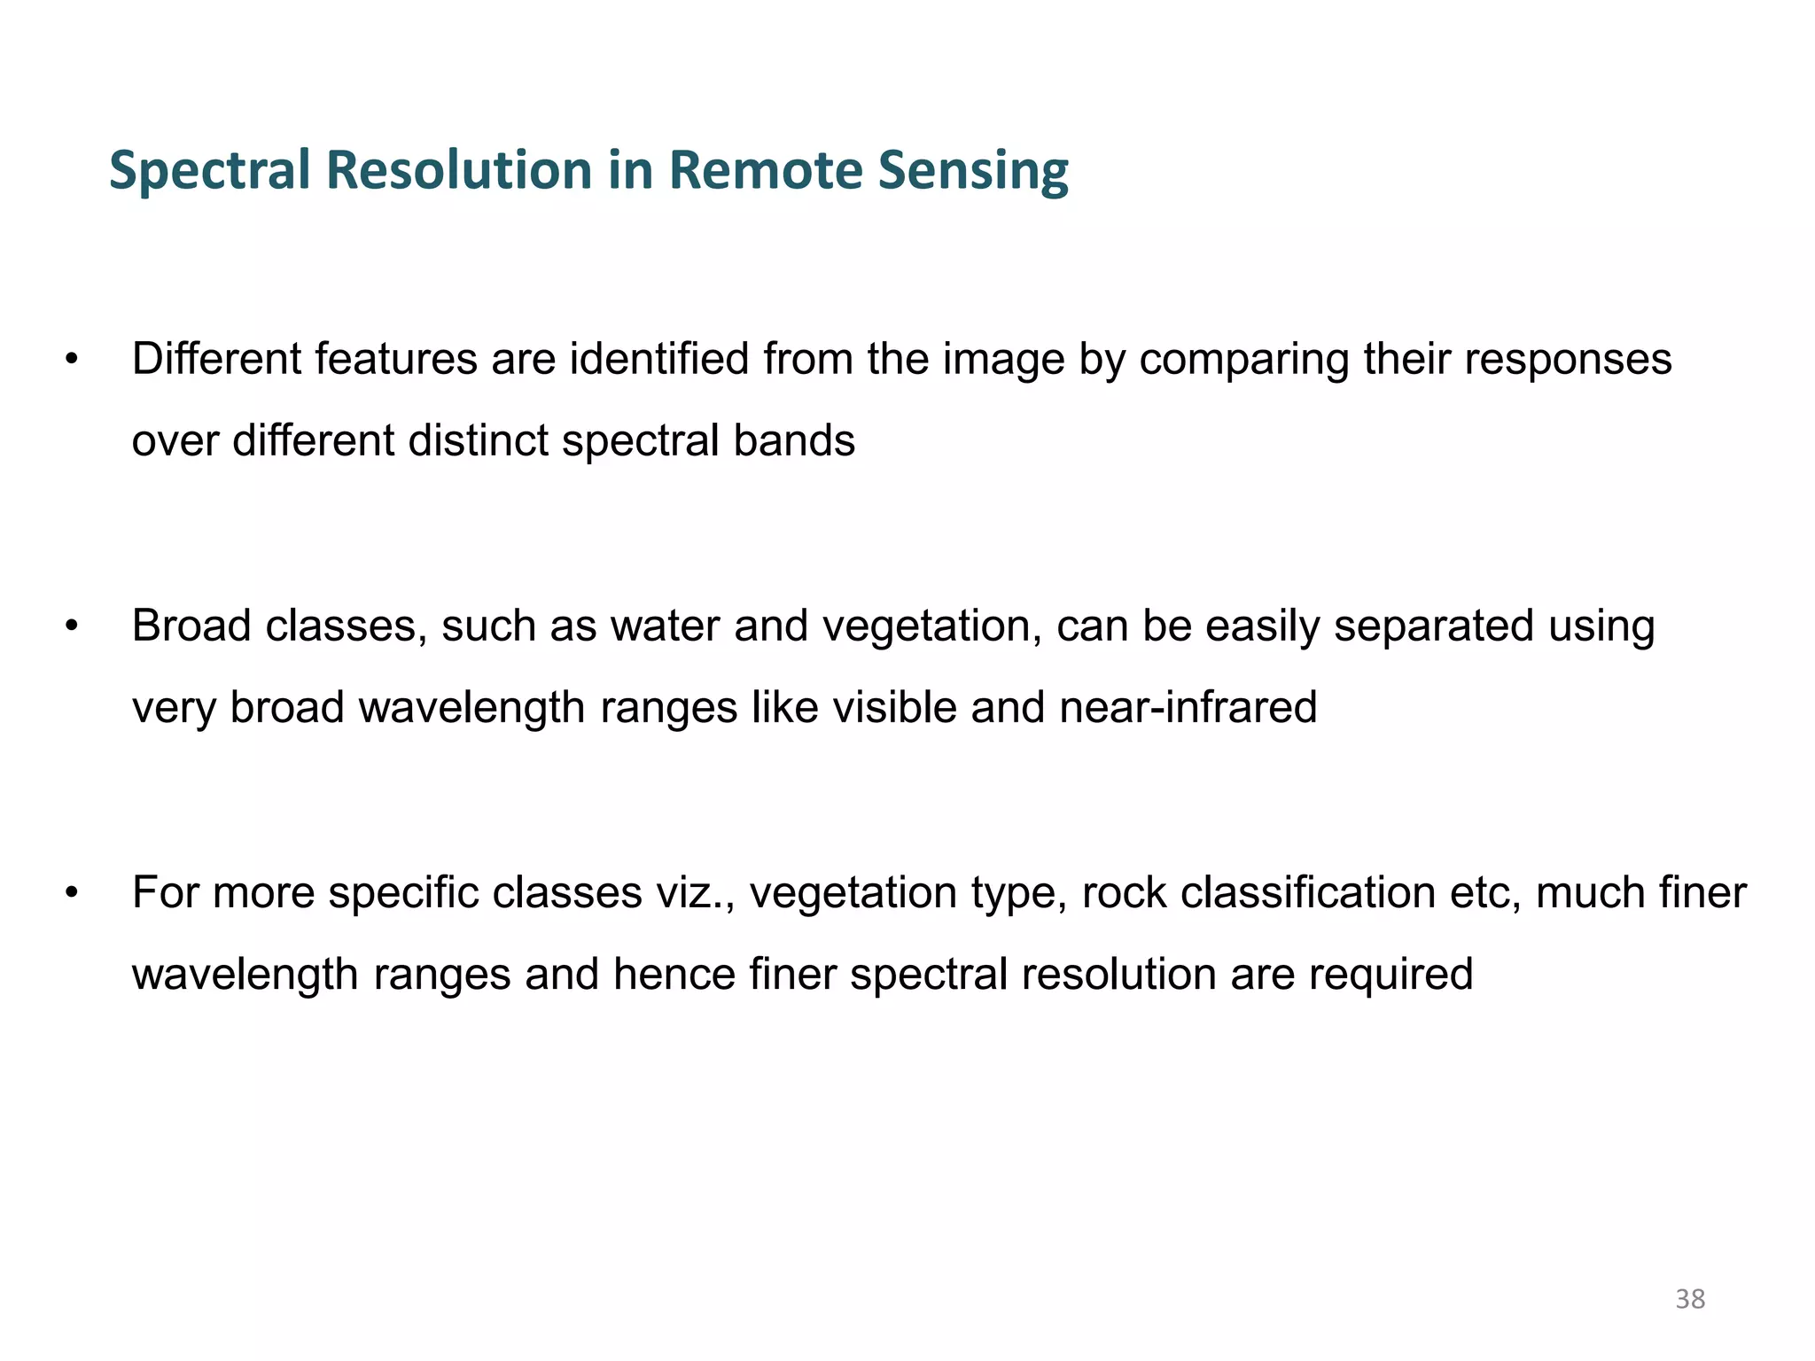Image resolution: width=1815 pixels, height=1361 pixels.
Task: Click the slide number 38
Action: pos(1690,1299)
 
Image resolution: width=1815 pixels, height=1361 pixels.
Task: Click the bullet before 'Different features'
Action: pos(72,360)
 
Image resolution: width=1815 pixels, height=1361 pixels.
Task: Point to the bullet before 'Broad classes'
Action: pos(72,626)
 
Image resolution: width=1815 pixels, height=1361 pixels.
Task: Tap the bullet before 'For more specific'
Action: pos(72,893)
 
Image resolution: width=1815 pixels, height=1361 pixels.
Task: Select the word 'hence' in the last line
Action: pos(674,974)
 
